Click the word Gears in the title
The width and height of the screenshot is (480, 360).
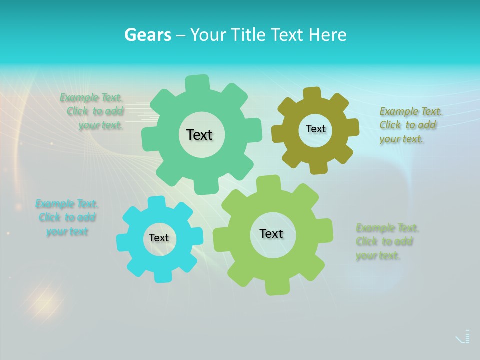click(148, 35)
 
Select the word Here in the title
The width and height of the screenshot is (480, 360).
click(328, 35)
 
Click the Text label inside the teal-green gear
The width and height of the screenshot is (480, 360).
click(200, 135)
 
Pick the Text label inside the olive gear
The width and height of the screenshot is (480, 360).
click(315, 129)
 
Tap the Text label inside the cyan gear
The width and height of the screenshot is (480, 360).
click(159, 238)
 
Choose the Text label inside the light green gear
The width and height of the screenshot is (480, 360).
click(271, 233)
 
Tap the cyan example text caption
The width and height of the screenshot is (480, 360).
click(67, 217)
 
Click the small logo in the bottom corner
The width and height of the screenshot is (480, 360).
click(463, 337)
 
